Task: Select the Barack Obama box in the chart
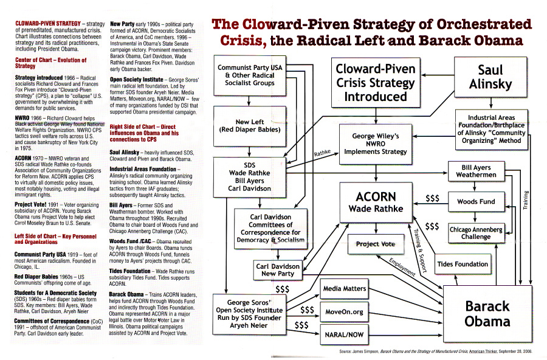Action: [x=487, y=314]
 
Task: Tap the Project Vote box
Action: [x=376, y=244]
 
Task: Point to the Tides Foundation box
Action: [x=463, y=264]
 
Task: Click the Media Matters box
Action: [x=345, y=289]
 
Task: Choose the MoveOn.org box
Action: [x=345, y=312]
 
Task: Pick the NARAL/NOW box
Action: [x=345, y=334]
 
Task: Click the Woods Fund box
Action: [x=476, y=201]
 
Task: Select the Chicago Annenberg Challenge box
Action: [x=476, y=233]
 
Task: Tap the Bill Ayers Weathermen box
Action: [x=476, y=171]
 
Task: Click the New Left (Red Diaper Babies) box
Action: [x=250, y=126]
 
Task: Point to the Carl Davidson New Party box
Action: [x=278, y=270]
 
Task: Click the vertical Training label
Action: [x=526, y=199]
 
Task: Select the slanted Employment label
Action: [x=402, y=268]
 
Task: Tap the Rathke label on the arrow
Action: [x=322, y=153]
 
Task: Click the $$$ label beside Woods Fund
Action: [x=433, y=198]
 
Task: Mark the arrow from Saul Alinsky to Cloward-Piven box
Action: [x=438, y=75]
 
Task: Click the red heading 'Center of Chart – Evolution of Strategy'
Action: [x=50, y=63]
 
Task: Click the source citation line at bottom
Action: [x=435, y=351]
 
